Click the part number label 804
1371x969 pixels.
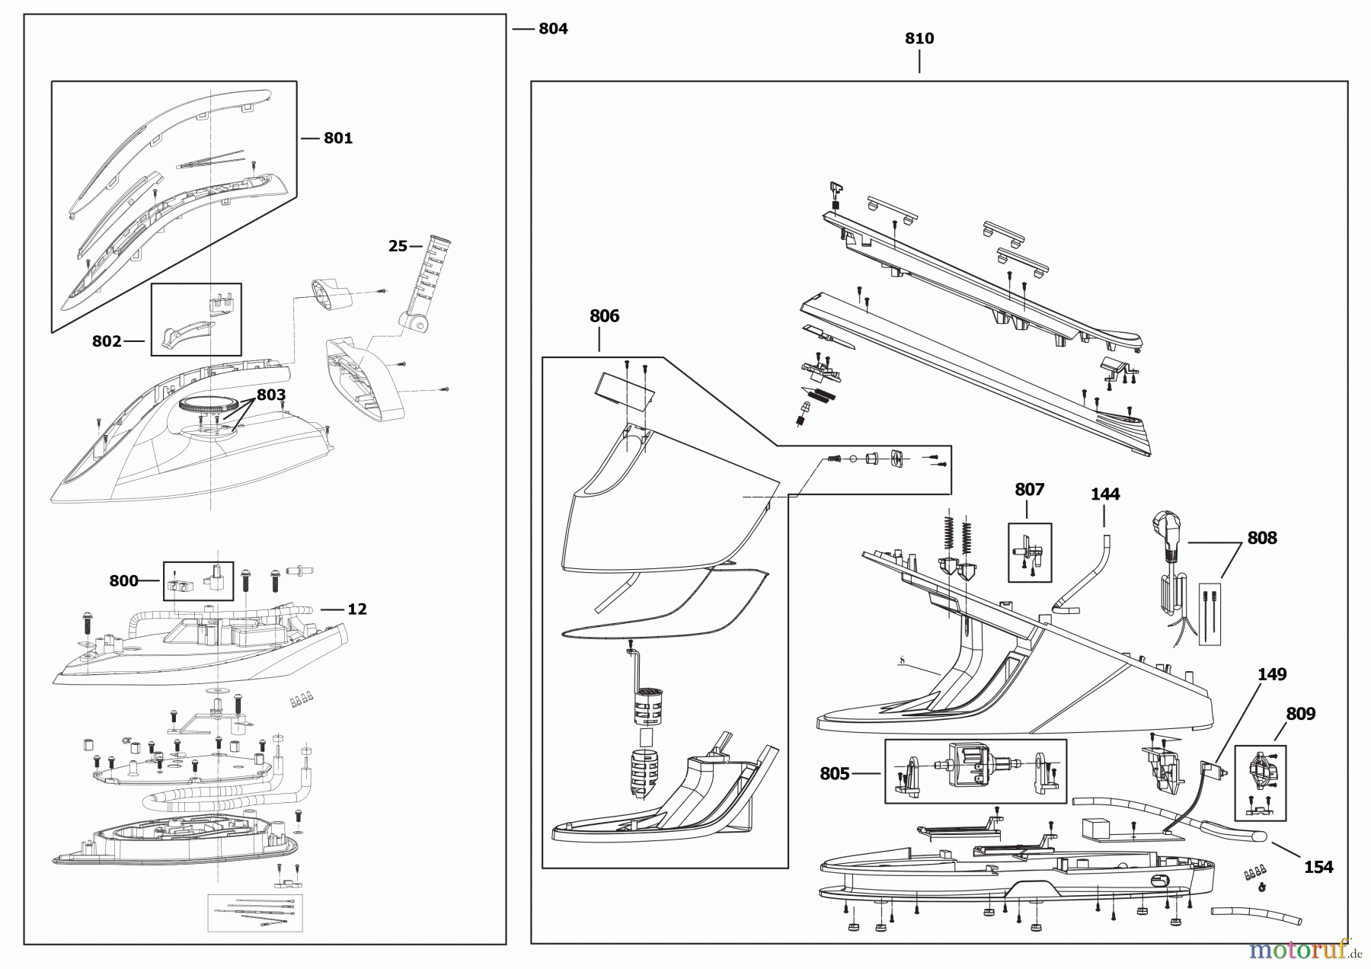[553, 29]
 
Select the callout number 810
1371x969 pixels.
[919, 39]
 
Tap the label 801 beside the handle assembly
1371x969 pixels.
[338, 138]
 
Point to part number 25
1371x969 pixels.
[398, 246]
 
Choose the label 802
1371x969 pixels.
[107, 341]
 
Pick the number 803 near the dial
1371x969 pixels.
[271, 395]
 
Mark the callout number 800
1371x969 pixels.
[123, 581]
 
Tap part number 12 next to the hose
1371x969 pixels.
[357, 609]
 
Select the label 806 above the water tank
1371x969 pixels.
[604, 316]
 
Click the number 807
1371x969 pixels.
[1029, 490]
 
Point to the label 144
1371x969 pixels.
[1104, 494]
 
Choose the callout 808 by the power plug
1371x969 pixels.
[1261, 538]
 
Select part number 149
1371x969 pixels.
[1272, 674]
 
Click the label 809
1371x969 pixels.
[1300, 714]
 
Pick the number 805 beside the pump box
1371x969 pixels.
[834, 774]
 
